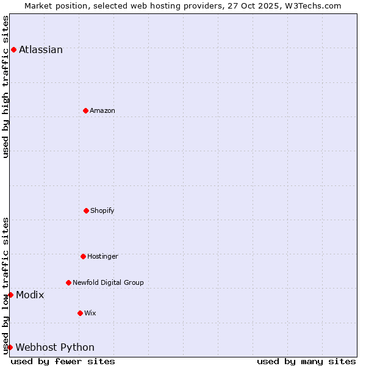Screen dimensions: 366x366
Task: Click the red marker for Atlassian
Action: pos(13,49)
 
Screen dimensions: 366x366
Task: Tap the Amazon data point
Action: pos(85,110)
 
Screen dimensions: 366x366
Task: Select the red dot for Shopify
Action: pos(86,210)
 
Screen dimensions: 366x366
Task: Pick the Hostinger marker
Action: pos(83,256)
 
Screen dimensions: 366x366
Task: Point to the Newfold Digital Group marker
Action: pos(68,282)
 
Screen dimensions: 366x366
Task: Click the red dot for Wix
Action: pos(80,313)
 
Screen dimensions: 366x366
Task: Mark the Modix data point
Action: pos(10,295)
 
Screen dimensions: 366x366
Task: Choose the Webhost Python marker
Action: pos(10,347)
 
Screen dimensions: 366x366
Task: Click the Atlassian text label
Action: pos(41,50)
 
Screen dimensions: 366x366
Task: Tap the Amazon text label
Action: pos(102,111)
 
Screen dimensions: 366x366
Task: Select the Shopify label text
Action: pos(102,211)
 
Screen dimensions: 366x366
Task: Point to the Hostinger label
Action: pos(102,257)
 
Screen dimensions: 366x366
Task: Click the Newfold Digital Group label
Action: pos(108,283)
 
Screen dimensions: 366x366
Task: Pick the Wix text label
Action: pos(90,314)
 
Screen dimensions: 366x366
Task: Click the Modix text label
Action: pos(30,295)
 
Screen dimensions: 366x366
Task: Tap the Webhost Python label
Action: pos(55,348)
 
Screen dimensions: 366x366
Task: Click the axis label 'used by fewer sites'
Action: pos(63,361)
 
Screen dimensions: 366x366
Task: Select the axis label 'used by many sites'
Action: pos(306,361)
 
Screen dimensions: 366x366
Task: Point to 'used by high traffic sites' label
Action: pos(6,87)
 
